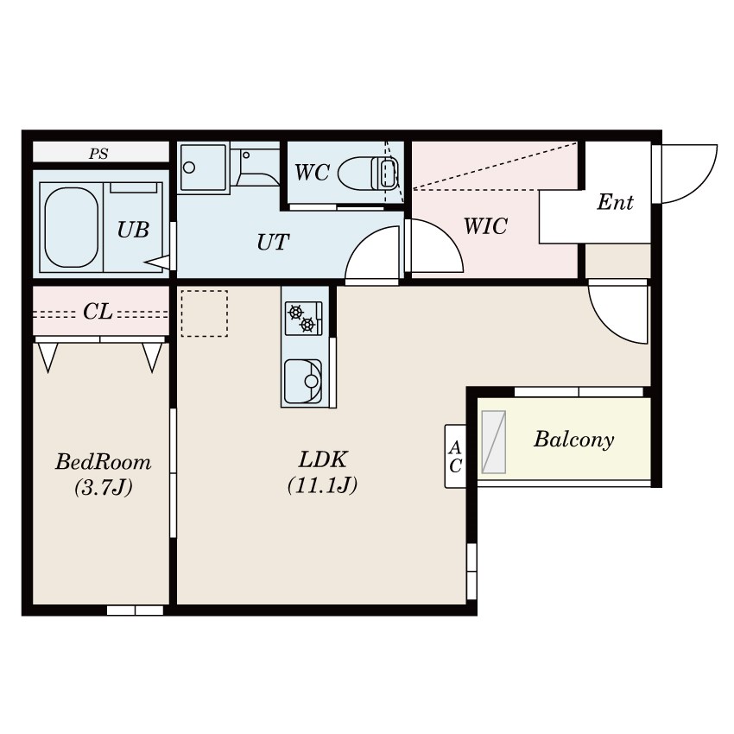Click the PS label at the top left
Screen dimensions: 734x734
click(x=98, y=154)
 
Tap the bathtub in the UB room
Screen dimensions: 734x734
click(x=72, y=227)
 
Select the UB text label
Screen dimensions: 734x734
click(x=133, y=230)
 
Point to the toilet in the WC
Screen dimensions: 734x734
click(x=369, y=173)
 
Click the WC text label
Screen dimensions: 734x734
click(x=312, y=172)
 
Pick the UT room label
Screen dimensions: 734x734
click(x=273, y=242)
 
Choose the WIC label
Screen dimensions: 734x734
click(x=485, y=226)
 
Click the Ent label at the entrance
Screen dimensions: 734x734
click(x=615, y=202)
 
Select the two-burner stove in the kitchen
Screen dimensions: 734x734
click(x=304, y=319)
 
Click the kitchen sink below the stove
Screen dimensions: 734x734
click(x=303, y=381)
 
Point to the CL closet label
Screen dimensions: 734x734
click(x=98, y=311)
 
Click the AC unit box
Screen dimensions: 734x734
click(x=455, y=457)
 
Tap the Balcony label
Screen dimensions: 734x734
click(x=574, y=439)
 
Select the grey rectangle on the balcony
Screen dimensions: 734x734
click(x=494, y=442)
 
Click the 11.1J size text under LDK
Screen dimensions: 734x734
click(x=323, y=485)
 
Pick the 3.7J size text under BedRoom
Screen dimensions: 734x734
click(x=104, y=487)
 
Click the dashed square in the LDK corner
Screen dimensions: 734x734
click(x=205, y=313)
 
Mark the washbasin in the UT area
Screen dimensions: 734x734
click(x=203, y=168)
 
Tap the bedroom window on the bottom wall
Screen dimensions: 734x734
click(x=135, y=611)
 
